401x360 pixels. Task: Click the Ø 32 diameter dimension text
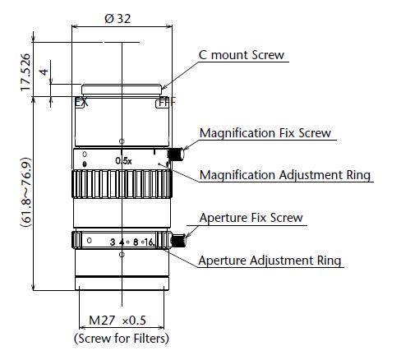click(x=118, y=19)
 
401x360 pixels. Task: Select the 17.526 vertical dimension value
click(x=25, y=72)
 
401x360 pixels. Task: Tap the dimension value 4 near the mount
click(x=44, y=72)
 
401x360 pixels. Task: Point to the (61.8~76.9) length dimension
click(x=26, y=192)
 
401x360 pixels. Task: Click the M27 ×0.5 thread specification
click(x=118, y=320)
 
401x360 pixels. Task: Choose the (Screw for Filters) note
click(x=122, y=338)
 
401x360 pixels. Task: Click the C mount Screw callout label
click(x=242, y=55)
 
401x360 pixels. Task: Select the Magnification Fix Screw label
click(x=265, y=133)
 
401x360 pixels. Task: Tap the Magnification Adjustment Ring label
click(x=285, y=175)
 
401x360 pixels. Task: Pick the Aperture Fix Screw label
click(x=251, y=218)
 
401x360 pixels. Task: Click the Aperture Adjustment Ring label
click(x=270, y=261)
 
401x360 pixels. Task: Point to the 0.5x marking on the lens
click(x=123, y=161)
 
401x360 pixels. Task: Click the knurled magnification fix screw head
click(x=176, y=155)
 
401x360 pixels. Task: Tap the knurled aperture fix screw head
click(x=178, y=241)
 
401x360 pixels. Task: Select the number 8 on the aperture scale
click(x=136, y=242)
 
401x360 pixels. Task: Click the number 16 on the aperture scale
click(x=149, y=242)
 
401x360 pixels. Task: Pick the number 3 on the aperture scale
click(x=113, y=242)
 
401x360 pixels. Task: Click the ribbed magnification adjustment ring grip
click(x=122, y=184)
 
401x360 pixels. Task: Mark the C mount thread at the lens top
click(x=122, y=90)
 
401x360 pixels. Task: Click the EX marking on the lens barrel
click(x=81, y=102)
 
